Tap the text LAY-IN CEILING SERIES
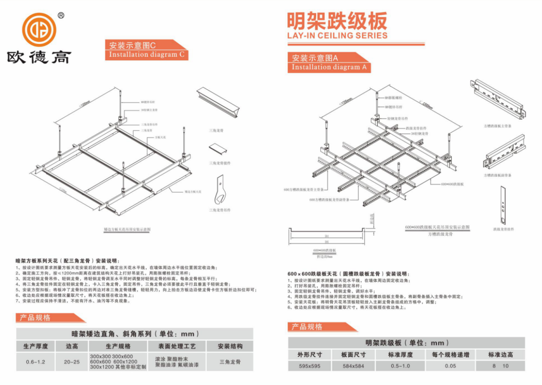pyautogui.click(x=337, y=35)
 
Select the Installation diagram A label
pyautogui.click(x=329, y=67)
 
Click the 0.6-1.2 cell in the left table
pyautogui.click(x=36, y=362)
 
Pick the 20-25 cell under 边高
pyautogui.click(x=72, y=362)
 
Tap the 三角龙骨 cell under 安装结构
pyautogui.click(x=230, y=362)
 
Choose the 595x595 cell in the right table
pyautogui.click(x=309, y=366)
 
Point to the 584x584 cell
pyautogui.click(x=353, y=366)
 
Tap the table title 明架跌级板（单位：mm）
pyautogui.click(x=406, y=342)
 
